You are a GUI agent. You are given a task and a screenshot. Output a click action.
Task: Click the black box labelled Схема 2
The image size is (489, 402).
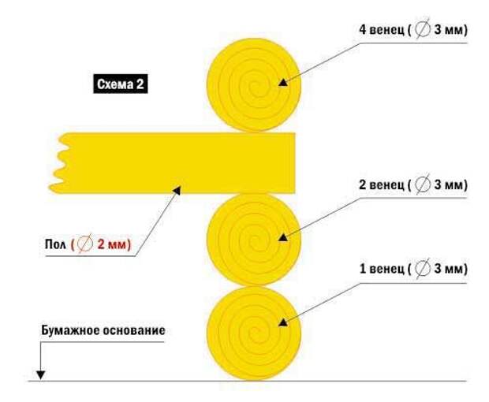[121, 84]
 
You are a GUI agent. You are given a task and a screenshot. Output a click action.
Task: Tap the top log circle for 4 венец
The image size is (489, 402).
[254, 84]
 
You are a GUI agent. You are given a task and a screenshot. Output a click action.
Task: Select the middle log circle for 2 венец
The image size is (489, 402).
[254, 240]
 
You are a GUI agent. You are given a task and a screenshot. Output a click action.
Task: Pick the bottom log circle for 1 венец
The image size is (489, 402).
[254, 333]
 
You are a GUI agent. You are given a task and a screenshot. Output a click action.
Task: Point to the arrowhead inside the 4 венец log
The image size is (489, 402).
[282, 82]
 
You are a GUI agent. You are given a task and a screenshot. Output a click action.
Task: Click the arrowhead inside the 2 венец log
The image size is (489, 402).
[282, 237]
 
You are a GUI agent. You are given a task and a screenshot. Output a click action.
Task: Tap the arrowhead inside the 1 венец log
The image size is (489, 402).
[282, 322]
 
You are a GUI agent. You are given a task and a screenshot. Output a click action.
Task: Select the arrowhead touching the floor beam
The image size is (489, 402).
[177, 190]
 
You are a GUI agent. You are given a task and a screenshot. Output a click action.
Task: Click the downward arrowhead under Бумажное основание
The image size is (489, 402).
[40, 375]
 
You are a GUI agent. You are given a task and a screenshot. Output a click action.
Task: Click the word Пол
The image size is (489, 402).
[55, 244]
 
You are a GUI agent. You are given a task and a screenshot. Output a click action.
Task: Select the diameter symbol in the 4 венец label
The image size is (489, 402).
[423, 30]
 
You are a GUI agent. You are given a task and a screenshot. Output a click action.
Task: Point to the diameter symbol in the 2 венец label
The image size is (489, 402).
[423, 184]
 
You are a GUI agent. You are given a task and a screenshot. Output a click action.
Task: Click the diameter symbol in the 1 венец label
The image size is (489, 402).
[423, 269]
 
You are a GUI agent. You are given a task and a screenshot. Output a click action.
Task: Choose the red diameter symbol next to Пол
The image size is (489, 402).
[85, 244]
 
